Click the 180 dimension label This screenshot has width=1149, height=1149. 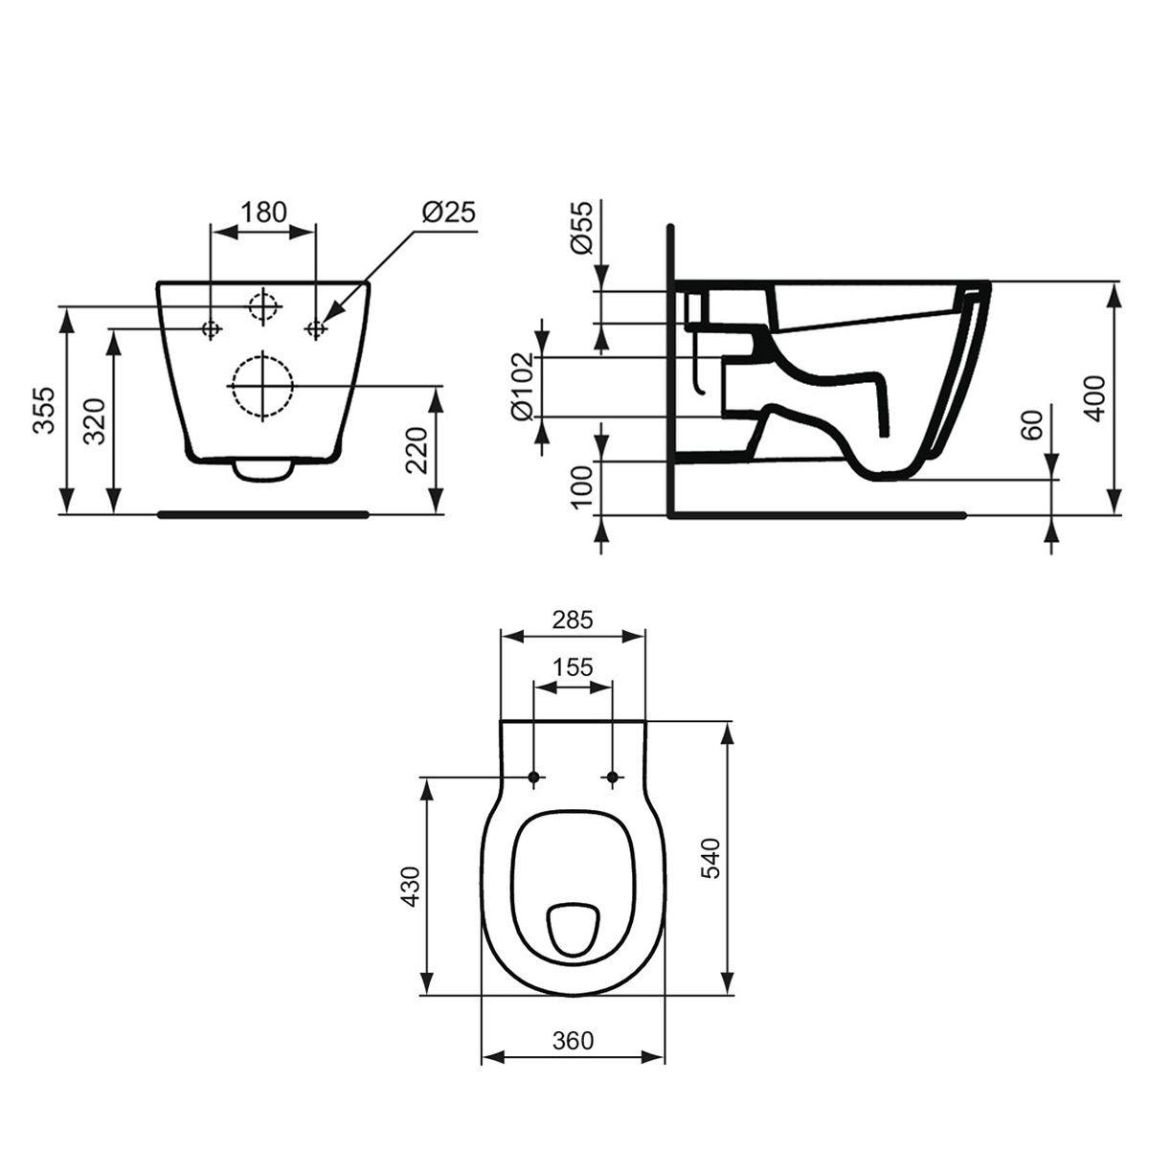[263, 212]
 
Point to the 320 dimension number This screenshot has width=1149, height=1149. [94, 421]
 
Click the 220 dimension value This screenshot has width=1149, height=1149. [417, 450]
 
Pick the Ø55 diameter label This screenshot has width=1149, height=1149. [582, 227]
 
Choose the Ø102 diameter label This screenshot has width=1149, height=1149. [523, 387]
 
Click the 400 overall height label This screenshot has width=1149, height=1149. [1095, 398]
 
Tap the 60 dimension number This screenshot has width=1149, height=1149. [1032, 424]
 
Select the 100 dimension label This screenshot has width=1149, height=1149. [582, 486]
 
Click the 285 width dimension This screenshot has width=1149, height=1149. [573, 620]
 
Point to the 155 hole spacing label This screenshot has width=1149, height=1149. [573, 666]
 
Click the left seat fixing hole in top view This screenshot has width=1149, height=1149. [534, 777]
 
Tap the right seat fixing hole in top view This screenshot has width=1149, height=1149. [613, 777]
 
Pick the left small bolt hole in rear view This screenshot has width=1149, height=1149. [211, 328]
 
